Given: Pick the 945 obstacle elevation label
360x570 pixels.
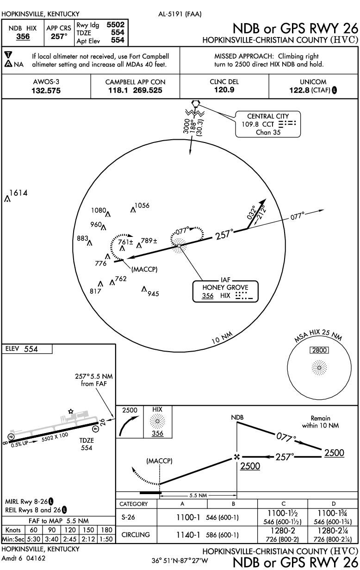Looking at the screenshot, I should click(154, 293).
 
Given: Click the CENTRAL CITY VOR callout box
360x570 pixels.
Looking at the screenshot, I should click(267, 124).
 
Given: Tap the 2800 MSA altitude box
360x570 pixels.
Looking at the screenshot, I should click(319, 350).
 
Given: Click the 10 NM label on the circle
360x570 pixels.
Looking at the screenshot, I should click(221, 338).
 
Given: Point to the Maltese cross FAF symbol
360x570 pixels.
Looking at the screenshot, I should click(237, 457).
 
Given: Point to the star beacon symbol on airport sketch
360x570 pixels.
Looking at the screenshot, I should click(71, 411).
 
